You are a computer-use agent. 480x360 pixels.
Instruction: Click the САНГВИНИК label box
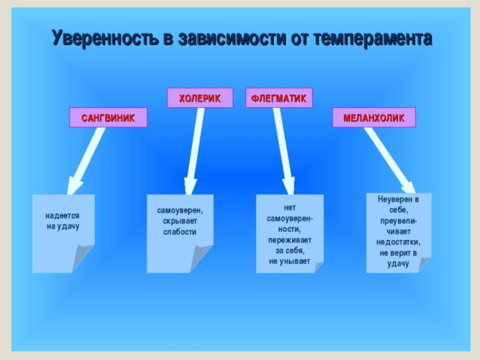(108, 118)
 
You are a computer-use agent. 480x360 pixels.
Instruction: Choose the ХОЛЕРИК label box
(200, 98)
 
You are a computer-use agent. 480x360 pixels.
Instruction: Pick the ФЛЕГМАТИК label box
(279, 98)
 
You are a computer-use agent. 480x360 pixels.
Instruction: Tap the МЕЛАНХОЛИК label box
(374, 118)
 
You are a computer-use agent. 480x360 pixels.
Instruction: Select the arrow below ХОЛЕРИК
(194, 150)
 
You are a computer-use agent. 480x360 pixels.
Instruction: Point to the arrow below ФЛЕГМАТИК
(283, 150)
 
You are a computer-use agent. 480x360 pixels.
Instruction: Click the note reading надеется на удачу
(63, 221)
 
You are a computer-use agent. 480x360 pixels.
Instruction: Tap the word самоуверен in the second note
(180, 211)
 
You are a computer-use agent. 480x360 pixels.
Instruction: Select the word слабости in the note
(180, 232)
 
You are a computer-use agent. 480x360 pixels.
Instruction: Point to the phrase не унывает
(290, 262)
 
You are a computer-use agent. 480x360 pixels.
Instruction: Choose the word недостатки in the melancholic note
(398, 242)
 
